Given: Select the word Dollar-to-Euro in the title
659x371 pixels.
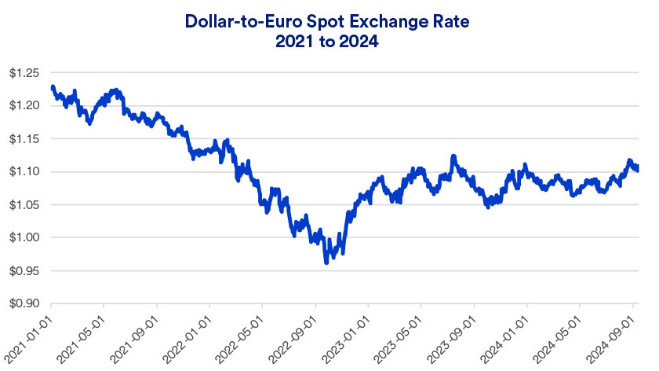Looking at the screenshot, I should coord(240,21).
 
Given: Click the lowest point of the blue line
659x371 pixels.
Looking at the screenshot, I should coord(326,262).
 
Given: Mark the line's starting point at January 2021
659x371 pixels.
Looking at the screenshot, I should coord(52,86).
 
